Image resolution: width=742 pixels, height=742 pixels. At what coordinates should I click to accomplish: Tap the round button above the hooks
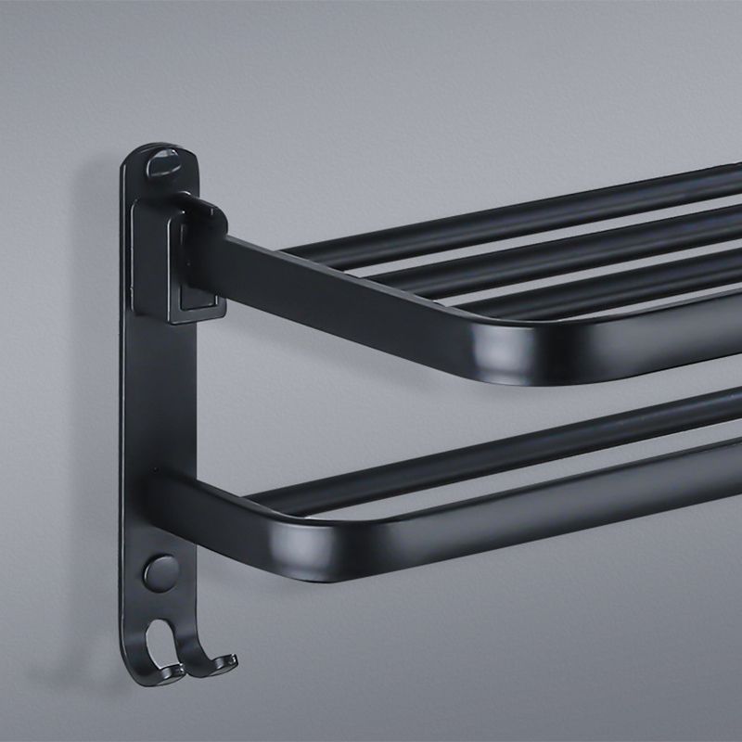point(160,572)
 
